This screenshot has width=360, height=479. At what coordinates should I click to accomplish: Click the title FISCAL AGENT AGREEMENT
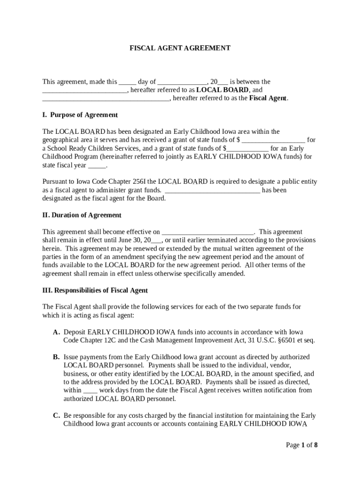click(180, 48)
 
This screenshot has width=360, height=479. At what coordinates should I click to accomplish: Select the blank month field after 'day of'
click(182, 82)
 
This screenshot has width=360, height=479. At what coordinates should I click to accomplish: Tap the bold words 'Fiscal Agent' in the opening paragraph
click(268, 98)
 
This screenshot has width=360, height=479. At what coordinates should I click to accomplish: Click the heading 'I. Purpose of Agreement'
click(80, 115)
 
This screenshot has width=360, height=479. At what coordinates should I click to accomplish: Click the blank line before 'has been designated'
click(213, 190)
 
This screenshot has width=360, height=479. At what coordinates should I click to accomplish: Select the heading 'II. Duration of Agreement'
click(82, 215)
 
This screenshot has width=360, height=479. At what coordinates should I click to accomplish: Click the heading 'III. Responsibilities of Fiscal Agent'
click(95, 290)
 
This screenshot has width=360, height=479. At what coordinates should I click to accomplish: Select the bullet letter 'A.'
click(56, 332)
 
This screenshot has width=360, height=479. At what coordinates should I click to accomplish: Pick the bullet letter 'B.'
click(56, 357)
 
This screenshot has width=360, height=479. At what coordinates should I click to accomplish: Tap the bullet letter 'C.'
click(56, 415)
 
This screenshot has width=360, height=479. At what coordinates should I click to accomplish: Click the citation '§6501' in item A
click(285, 341)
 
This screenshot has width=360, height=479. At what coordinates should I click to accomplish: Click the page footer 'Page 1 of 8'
click(302, 445)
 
